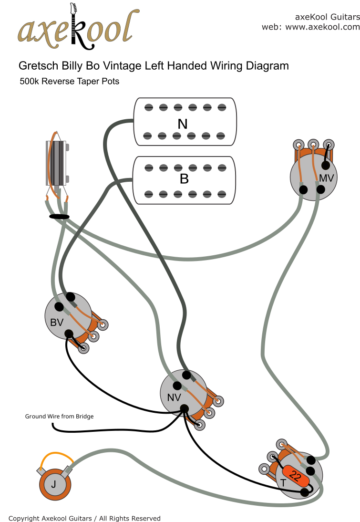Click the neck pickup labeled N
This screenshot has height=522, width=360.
click(x=185, y=122)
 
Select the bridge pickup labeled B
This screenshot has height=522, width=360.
click(x=185, y=180)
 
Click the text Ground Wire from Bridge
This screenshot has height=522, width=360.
click(x=59, y=417)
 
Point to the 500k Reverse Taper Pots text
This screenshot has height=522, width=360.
click(x=69, y=81)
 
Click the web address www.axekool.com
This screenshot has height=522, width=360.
click(x=322, y=27)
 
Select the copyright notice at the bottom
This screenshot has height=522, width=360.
click(x=84, y=518)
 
